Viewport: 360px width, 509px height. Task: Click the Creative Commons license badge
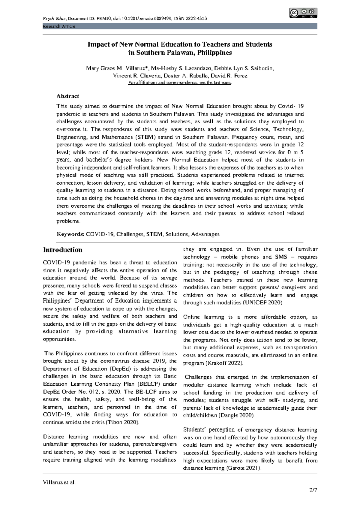[303, 13]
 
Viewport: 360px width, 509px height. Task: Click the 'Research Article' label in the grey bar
[59, 26]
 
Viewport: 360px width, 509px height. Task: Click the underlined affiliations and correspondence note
[180, 83]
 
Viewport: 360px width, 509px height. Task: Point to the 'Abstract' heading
[68, 96]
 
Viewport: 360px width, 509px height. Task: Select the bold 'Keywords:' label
[70, 234]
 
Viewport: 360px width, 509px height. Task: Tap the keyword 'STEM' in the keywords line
[154, 234]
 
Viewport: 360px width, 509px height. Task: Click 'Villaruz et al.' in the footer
[59, 483]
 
